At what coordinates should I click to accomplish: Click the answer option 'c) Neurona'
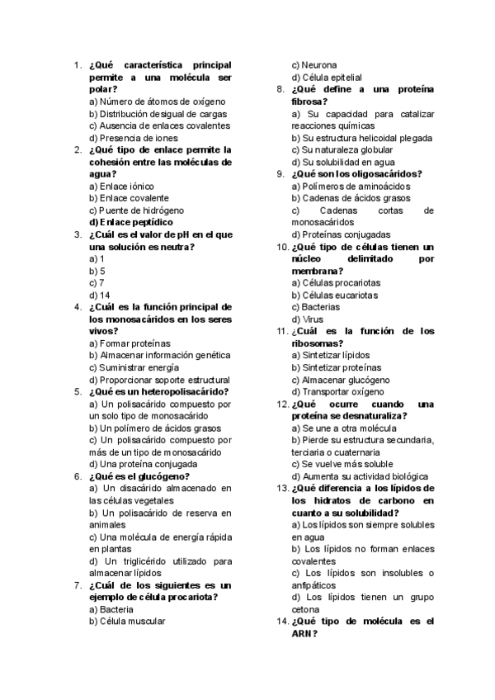[313, 64]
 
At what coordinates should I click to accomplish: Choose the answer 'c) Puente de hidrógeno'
[136, 210]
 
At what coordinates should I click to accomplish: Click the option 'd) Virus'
[308, 319]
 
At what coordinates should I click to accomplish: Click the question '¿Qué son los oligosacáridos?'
[356, 174]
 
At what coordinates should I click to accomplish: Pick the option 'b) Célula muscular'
[127, 622]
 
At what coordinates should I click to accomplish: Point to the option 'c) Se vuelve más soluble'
[342, 464]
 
